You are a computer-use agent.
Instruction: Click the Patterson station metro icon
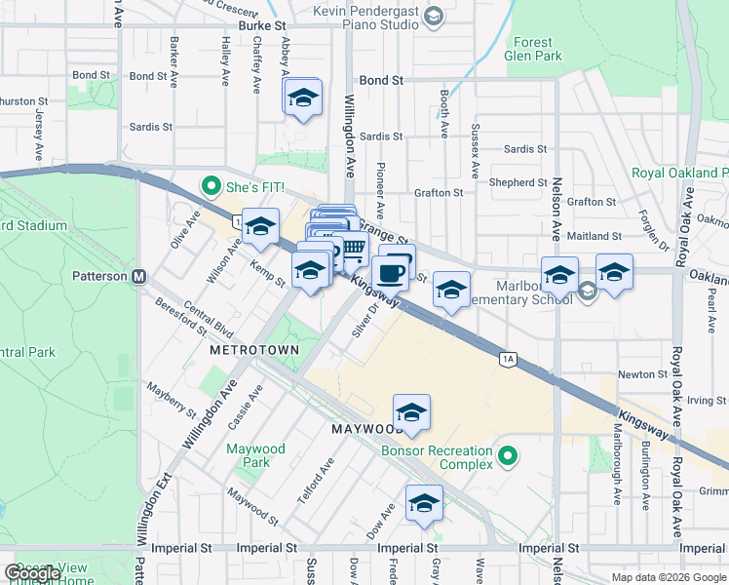(x=139, y=276)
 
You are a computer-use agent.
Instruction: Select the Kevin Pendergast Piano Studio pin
(x=435, y=16)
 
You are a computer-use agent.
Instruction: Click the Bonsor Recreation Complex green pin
(x=507, y=455)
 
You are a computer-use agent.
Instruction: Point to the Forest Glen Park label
(x=534, y=49)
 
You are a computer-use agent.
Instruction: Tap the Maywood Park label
(x=255, y=455)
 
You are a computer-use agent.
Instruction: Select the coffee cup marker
(x=392, y=271)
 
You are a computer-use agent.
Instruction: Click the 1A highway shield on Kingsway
(x=507, y=360)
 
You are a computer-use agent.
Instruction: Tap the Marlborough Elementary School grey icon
(x=587, y=291)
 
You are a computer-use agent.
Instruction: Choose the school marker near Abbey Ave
(x=303, y=97)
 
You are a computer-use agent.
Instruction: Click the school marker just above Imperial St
(x=424, y=503)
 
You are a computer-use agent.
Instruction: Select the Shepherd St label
(x=518, y=182)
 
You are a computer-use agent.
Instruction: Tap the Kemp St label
(x=266, y=274)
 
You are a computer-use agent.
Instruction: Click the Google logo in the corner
(x=32, y=573)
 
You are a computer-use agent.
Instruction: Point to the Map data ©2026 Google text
(x=667, y=577)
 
